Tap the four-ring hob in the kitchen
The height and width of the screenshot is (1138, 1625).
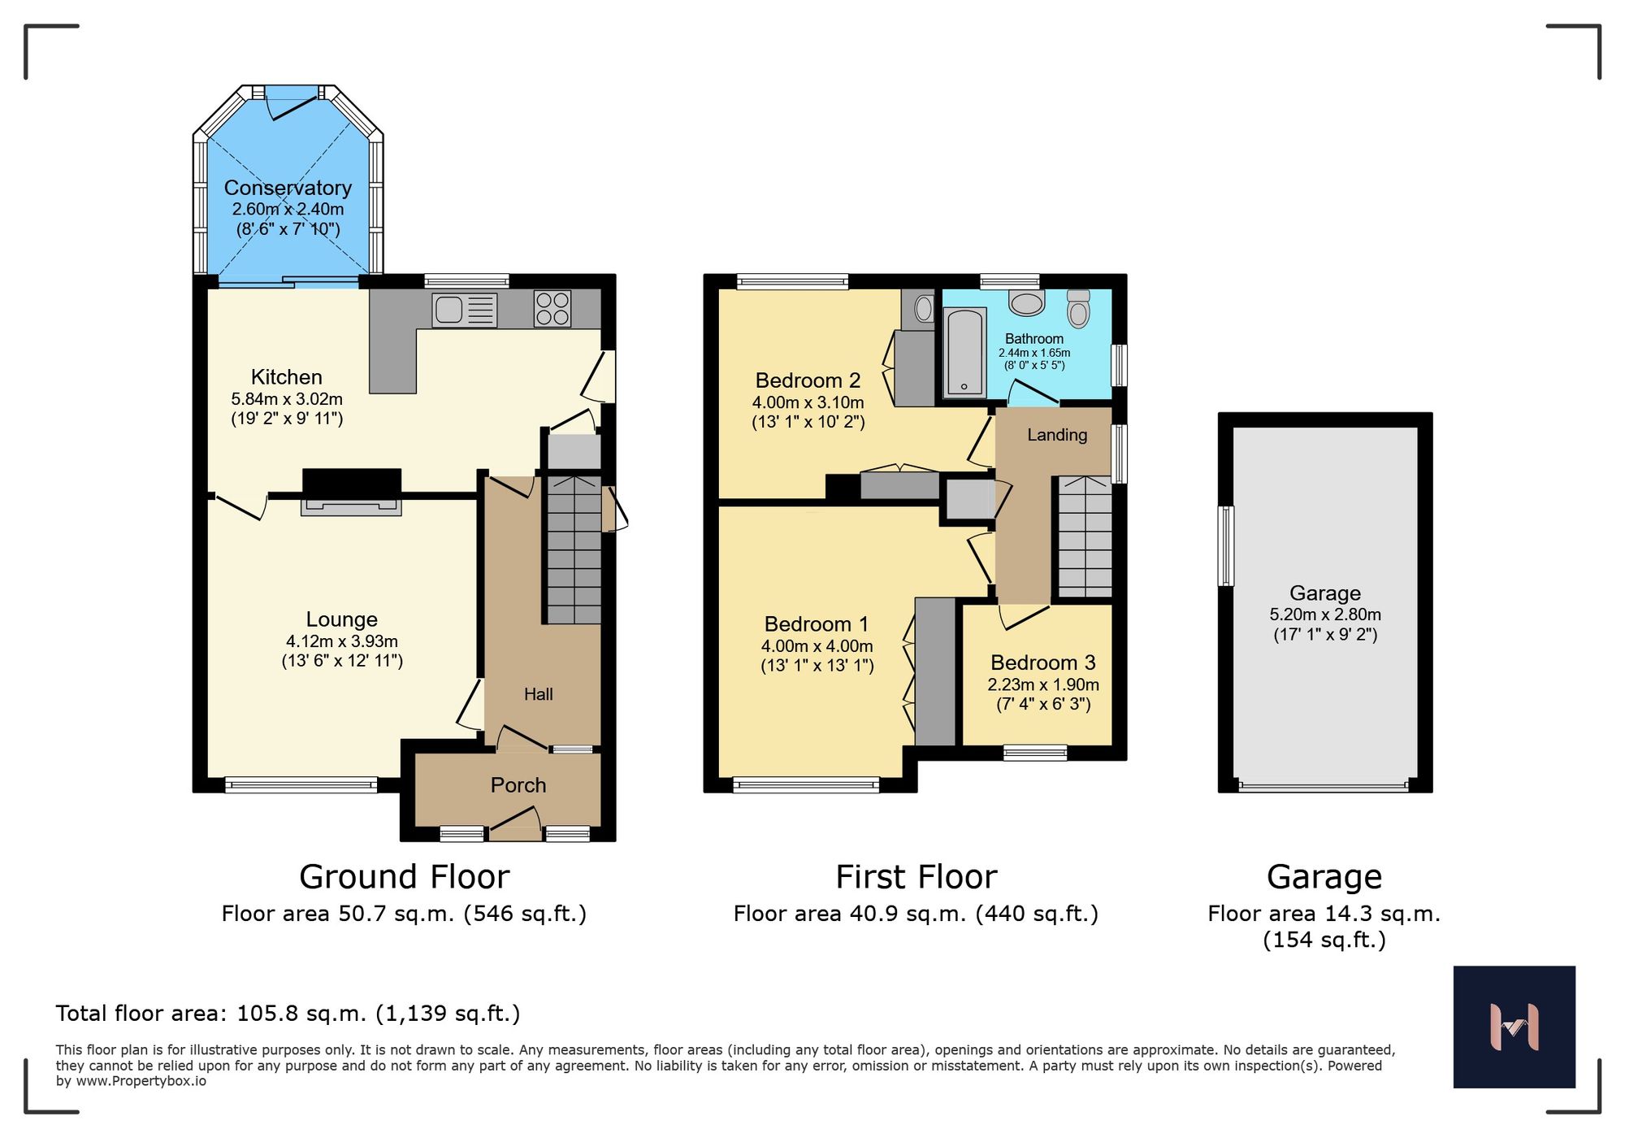(x=552, y=309)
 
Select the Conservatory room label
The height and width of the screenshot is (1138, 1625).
(x=288, y=188)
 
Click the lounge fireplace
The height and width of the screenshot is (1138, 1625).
(x=351, y=493)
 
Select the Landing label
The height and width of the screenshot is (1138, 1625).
(x=1056, y=435)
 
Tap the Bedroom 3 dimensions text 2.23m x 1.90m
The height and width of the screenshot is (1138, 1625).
(x=1043, y=684)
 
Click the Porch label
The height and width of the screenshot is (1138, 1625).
(x=518, y=785)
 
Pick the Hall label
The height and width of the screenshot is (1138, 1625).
(x=538, y=694)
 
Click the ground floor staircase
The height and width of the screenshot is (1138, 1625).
(x=574, y=550)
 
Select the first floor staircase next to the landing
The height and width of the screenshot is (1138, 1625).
(x=1085, y=537)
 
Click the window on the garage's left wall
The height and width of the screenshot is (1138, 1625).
(x=1226, y=545)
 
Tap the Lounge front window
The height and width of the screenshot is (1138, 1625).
(x=301, y=785)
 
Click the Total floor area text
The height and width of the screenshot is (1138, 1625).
(x=288, y=1014)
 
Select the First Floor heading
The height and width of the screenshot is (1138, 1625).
(x=916, y=877)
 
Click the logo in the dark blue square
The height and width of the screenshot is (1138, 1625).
(x=1514, y=1027)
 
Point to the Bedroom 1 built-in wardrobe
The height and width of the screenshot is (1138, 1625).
(x=935, y=671)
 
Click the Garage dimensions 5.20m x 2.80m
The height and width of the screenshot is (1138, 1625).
(x=1324, y=615)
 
